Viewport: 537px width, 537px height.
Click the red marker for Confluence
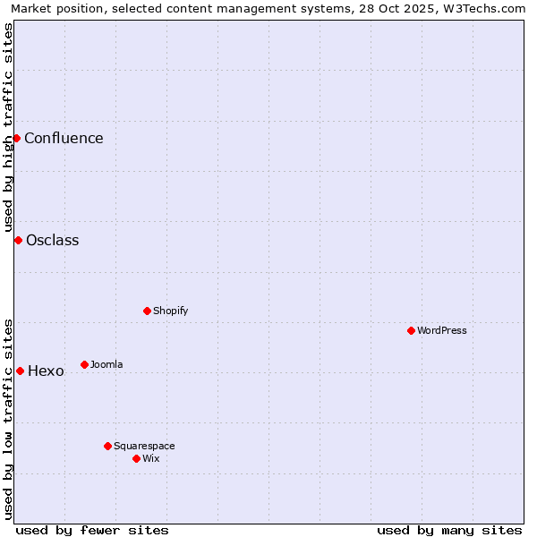[16, 138]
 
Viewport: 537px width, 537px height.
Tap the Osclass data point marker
[18, 240]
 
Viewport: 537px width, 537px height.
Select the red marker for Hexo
[20, 371]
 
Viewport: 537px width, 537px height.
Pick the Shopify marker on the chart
[147, 311]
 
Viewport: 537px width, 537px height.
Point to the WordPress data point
[411, 330]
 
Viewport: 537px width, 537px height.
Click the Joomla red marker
[84, 364]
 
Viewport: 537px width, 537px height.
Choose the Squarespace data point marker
[107, 446]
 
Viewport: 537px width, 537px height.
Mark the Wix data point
[136, 458]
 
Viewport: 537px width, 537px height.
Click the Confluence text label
[64, 138]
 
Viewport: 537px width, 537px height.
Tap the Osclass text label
[52, 240]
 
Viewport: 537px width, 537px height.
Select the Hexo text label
[46, 371]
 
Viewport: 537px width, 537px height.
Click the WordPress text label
[442, 330]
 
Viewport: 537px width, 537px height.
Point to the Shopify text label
[170, 311]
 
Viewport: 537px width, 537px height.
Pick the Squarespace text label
[144, 446]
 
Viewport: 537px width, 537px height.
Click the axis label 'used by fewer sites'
[92, 530]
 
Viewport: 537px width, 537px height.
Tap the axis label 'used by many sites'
[449, 530]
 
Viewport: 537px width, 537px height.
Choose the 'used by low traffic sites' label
[8, 419]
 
